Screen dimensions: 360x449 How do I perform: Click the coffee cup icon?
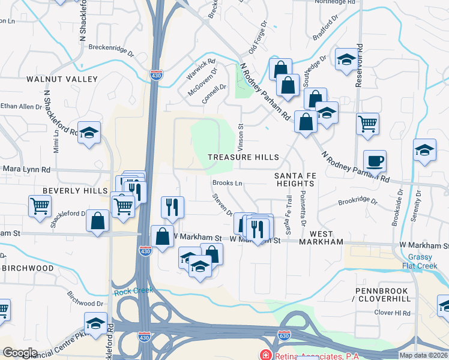(x=374, y=160)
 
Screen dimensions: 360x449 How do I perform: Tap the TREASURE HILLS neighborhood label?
(x=244, y=157)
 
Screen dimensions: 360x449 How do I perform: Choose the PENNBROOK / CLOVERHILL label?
(x=382, y=295)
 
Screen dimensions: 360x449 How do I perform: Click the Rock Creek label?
(x=125, y=293)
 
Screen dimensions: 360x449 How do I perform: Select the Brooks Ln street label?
(x=227, y=183)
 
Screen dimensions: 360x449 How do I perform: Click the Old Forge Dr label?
(x=256, y=36)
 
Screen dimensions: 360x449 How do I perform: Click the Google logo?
(x=20, y=352)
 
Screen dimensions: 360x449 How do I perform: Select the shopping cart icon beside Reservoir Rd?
(x=367, y=124)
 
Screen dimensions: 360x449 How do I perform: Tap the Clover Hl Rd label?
(x=392, y=313)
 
